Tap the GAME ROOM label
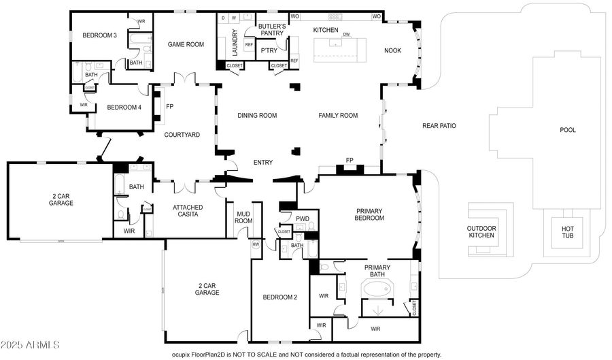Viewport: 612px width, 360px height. [186, 45]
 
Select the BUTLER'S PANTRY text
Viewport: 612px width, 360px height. [271, 29]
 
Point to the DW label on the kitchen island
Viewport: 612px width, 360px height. [346, 34]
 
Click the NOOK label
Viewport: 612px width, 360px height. [392, 50]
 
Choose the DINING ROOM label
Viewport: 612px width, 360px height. [257, 116]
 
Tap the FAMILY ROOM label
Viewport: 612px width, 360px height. [338, 116]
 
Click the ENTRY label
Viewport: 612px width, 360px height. [262, 163]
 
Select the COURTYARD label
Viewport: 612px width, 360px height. [182, 135]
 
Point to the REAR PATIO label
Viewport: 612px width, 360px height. [439, 126]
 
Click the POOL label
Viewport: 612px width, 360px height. [566, 130]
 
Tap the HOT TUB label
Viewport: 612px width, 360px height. [567, 232]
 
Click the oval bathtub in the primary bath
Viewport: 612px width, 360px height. [376, 289]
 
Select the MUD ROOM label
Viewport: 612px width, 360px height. [244, 217]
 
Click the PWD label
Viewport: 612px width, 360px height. [303, 218]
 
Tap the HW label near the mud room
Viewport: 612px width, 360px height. [256, 244]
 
